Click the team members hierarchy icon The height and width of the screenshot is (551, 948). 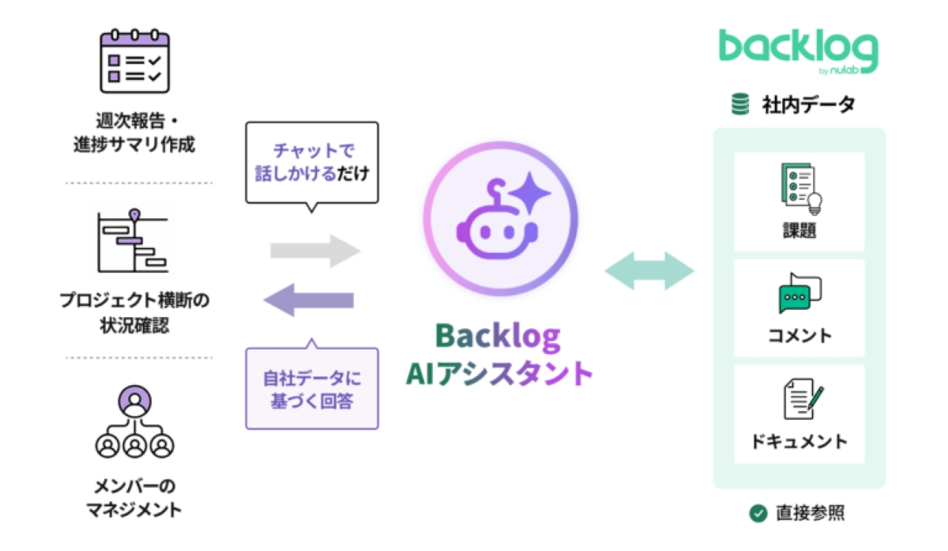point(134,426)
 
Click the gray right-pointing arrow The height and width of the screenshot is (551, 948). point(315,251)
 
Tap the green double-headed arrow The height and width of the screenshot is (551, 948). point(649,272)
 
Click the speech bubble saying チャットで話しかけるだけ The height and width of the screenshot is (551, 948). point(312,163)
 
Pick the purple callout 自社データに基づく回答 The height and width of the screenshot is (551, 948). point(312,387)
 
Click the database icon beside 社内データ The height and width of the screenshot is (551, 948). point(740,104)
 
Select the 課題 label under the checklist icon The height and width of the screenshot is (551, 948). point(798,231)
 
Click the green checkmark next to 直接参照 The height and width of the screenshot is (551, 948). point(758,513)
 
